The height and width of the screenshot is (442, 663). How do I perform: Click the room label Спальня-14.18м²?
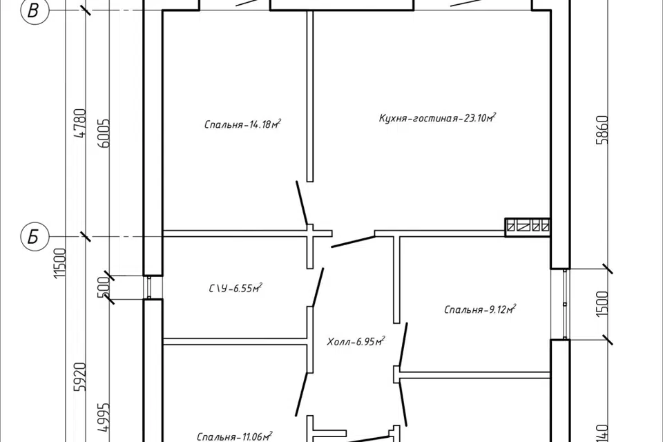(242, 124)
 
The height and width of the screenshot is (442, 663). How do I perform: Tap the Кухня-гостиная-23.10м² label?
(437, 117)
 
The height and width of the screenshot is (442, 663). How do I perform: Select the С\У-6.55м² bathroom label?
(236, 288)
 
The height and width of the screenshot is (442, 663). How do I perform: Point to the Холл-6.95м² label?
(355, 341)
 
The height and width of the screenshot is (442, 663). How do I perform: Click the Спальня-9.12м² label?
(480, 309)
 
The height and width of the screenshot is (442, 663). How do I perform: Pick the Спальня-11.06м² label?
(234, 436)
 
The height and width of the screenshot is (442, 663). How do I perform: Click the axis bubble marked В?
(34, 10)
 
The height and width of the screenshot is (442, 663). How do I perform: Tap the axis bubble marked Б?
(34, 237)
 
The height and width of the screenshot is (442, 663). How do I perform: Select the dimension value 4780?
(80, 123)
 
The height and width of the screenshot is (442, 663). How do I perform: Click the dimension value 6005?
(103, 133)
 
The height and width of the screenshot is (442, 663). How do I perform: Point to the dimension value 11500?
(61, 263)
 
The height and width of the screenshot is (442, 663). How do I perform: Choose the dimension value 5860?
(602, 130)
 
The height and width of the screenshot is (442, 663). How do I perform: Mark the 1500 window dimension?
(602, 303)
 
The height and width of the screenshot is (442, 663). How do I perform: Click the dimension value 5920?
(80, 376)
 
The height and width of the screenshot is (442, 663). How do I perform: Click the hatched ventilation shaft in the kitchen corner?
(528, 227)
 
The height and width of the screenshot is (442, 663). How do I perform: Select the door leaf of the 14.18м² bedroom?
(302, 204)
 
